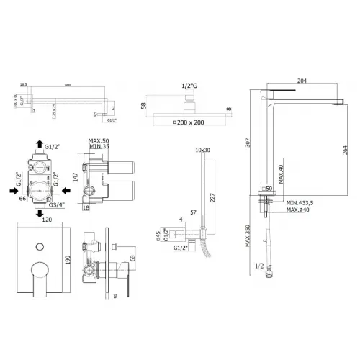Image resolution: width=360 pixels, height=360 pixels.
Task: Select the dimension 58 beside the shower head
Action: (144, 106)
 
